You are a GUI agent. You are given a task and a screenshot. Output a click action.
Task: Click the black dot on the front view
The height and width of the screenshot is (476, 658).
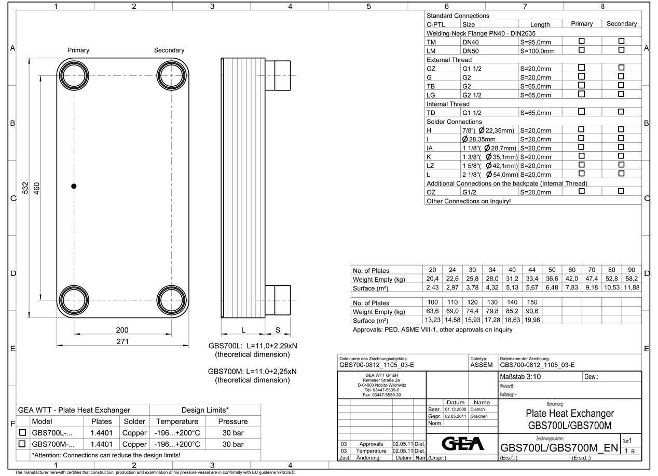point(74,186)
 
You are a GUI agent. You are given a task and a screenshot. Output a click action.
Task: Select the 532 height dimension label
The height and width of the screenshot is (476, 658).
point(25,188)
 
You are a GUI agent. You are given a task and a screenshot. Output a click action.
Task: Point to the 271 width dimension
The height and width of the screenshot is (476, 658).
point(122,341)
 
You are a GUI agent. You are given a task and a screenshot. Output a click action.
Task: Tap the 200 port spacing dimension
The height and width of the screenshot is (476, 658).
point(122,330)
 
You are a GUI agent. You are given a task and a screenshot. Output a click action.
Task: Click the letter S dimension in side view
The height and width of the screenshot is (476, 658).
point(278,330)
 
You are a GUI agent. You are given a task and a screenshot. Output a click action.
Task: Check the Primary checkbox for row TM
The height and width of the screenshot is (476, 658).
point(581,41)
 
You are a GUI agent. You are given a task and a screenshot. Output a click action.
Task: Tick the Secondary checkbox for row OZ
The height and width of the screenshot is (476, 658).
point(621,191)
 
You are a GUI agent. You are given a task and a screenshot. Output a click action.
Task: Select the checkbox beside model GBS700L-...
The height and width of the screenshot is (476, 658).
point(22,432)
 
